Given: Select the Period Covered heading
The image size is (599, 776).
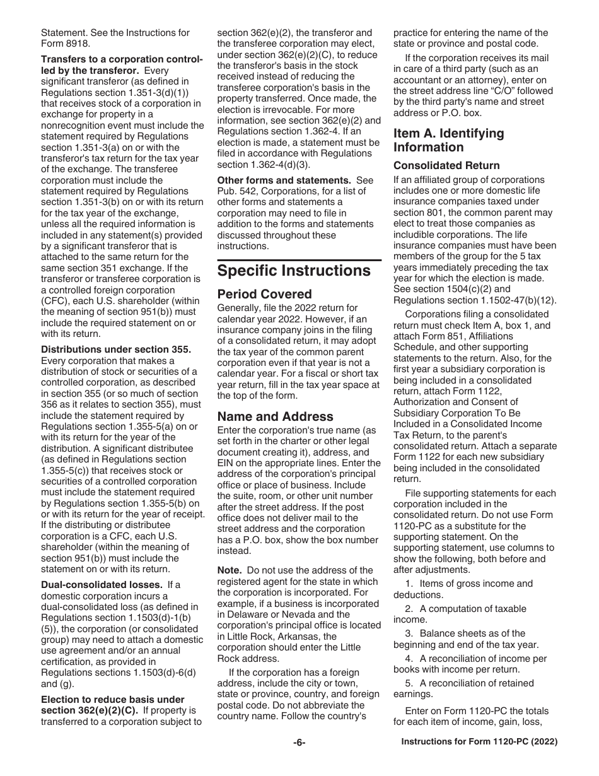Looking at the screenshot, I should pos(264,295).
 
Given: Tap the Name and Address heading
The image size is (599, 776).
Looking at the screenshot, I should pos(275,416).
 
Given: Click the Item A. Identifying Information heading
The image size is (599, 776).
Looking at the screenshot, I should pos(448,140).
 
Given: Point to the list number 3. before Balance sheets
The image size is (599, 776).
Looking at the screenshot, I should pos(409,633).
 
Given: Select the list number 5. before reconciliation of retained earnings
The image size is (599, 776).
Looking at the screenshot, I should pos(409,683).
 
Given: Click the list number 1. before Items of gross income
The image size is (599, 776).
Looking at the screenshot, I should pos(409,584).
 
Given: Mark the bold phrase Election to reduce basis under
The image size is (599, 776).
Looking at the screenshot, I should pos(112,700).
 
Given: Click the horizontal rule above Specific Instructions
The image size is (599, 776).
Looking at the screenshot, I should pos(299,260).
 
